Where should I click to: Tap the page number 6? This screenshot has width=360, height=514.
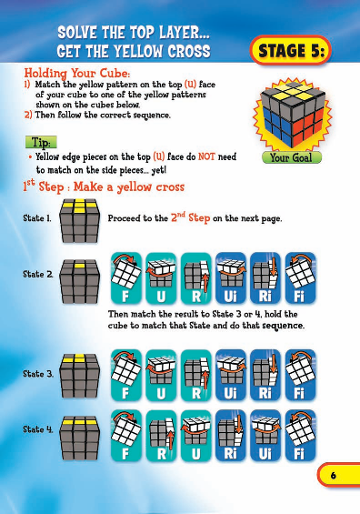[x=334, y=476]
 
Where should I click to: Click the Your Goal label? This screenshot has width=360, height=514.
[x=288, y=157]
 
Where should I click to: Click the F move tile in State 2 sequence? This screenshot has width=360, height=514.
[x=125, y=278]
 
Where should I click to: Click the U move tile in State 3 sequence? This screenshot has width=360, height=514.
[x=160, y=375]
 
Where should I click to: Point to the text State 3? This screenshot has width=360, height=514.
[x=36, y=373]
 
